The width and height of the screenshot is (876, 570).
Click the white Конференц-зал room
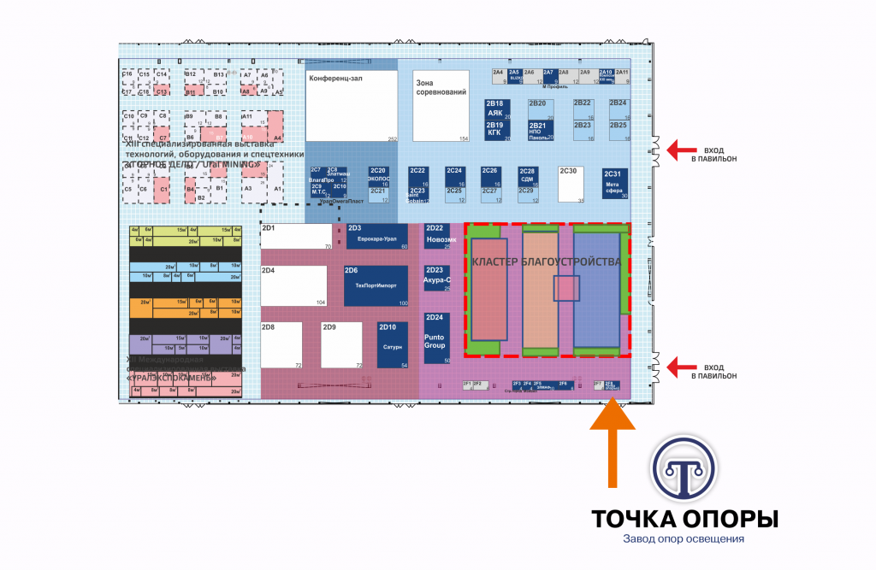(x=352, y=106)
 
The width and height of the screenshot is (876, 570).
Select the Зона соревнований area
(x=441, y=106)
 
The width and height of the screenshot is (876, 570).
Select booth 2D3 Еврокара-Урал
(x=376, y=237)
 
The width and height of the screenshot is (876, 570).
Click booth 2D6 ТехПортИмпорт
(x=376, y=286)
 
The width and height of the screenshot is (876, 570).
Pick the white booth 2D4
(x=294, y=285)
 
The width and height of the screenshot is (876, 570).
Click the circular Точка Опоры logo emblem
(x=685, y=471)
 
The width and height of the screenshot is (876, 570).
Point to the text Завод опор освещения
(x=684, y=539)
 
